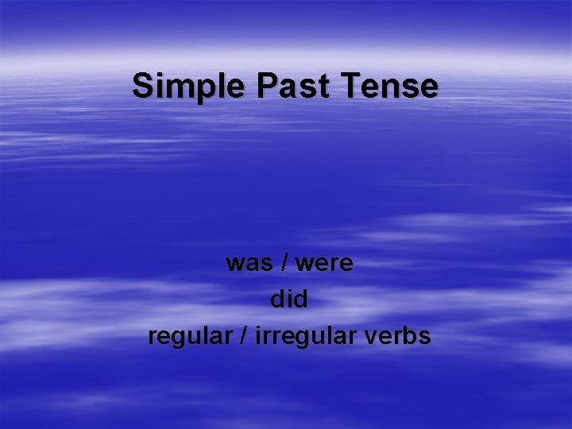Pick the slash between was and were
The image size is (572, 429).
[x=284, y=262]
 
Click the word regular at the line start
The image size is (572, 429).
[x=193, y=336]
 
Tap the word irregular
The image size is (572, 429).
[x=307, y=336]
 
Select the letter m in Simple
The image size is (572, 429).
[x=174, y=87]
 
